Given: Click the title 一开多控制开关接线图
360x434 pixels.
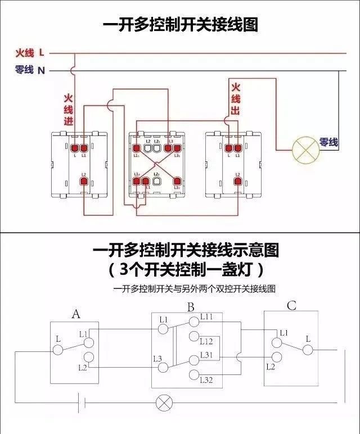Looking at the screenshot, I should [x=180, y=25].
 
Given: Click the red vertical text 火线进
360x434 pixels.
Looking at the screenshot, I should [x=68, y=109].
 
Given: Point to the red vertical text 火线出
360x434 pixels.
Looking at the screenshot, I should [x=235, y=99].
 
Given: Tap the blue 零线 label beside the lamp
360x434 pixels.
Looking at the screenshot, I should [x=328, y=143].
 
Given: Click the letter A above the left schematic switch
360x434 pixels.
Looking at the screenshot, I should [x=76, y=314].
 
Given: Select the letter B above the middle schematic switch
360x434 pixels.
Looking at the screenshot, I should [x=191, y=308].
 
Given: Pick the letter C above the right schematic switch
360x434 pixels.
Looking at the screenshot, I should [x=291, y=306].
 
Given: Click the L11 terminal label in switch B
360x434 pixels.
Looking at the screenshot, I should [x=206, y=318].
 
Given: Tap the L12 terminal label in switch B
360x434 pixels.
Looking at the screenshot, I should [x=206, y=341].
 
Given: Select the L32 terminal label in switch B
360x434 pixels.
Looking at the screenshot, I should [x=206, y=381].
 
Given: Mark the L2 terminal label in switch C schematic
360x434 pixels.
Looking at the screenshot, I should [x=271, y=367].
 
